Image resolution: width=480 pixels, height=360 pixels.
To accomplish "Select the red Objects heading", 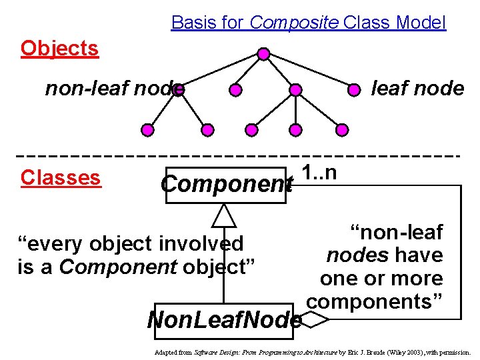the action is click(x=59, y=48).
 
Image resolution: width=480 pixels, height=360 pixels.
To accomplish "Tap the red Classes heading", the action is click(x=61, y=177).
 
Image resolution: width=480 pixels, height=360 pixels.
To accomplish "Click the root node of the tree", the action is click(x=263, y=53).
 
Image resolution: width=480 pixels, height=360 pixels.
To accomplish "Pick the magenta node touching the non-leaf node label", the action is click(x=178, y=90).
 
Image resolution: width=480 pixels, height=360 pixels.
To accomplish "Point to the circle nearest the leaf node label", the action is click(x=356, y=89).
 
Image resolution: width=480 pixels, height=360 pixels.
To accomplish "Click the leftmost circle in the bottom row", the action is click(x=149, y=129).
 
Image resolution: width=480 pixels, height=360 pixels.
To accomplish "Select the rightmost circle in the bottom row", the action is click(x=341, y=129).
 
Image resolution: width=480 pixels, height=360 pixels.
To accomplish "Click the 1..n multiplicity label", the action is click(x=319, y=172).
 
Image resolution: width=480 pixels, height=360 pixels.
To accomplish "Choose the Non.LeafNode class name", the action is click(x=224, y=321).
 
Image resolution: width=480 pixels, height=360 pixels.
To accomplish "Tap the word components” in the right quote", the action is click(x=375, y=301).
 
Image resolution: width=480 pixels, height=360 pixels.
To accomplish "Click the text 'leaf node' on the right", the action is click(x=417, y=88).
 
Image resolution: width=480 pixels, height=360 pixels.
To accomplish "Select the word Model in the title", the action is click(x=420, y=23).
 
